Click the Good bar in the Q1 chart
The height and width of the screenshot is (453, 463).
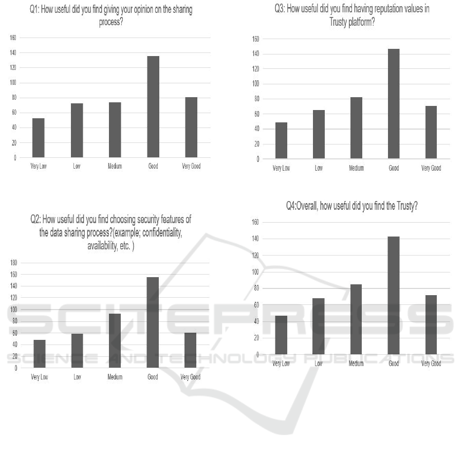tap(153, 106)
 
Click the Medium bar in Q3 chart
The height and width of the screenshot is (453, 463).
tap(356, 128)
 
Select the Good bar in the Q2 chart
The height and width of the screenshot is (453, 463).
tap(153, 322)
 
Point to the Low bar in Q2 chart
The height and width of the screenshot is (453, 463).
tap(77, 351)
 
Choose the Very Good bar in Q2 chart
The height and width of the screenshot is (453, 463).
tap(191, 350)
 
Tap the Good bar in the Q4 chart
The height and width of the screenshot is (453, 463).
tap(394, 295)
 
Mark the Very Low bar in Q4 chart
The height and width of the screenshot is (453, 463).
tap(281, 335)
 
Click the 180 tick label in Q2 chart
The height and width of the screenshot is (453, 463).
tap(14, 263)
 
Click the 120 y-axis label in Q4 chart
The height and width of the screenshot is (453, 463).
tap(255, 256)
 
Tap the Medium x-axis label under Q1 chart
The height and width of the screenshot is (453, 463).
tap(115, 167)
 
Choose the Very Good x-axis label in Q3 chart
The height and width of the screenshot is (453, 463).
tap(431, 168)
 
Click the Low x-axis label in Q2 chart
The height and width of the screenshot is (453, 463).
tap(77, 377)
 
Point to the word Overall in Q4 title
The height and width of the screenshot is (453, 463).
tap(313, 206)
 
